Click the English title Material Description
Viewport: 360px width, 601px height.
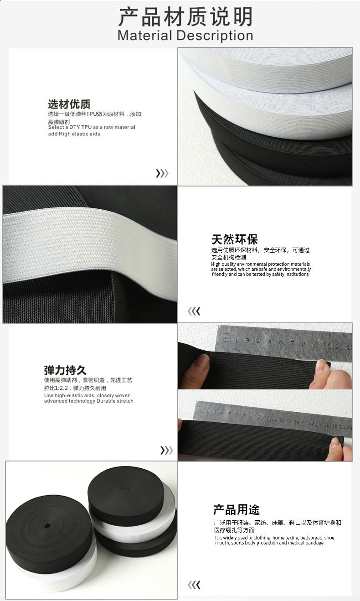point(185,36)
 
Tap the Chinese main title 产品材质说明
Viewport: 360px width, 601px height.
point(185,16)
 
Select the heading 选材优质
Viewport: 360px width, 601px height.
point(69,104)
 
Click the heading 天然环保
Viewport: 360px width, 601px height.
point(235,239)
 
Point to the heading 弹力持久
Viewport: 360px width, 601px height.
point(65,370)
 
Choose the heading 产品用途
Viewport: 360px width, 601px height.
point(237,509)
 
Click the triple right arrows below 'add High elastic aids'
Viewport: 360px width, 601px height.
point(162,174)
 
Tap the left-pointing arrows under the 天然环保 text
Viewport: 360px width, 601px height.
point(194,311)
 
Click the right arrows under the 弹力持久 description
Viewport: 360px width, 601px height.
point(166,450)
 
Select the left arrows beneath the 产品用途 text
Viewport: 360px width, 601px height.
point(194,585)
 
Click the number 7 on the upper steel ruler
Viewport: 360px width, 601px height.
point(293,343)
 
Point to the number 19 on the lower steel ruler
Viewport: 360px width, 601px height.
point(335,425)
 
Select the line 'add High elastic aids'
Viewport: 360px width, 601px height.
point(74,134)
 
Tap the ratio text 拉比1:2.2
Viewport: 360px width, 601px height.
point(56,388)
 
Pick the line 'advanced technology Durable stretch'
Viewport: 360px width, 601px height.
point(89,401)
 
